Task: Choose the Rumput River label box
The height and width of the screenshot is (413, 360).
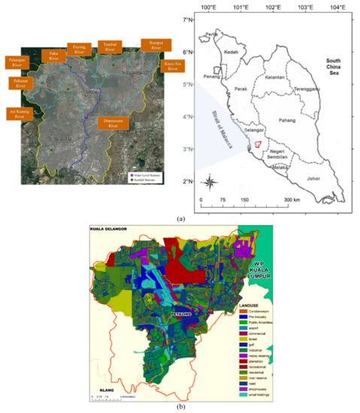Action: pyautogui.click(x=155, y=47)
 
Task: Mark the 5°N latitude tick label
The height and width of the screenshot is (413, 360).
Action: pyautogui.click(x=189, y=85)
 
